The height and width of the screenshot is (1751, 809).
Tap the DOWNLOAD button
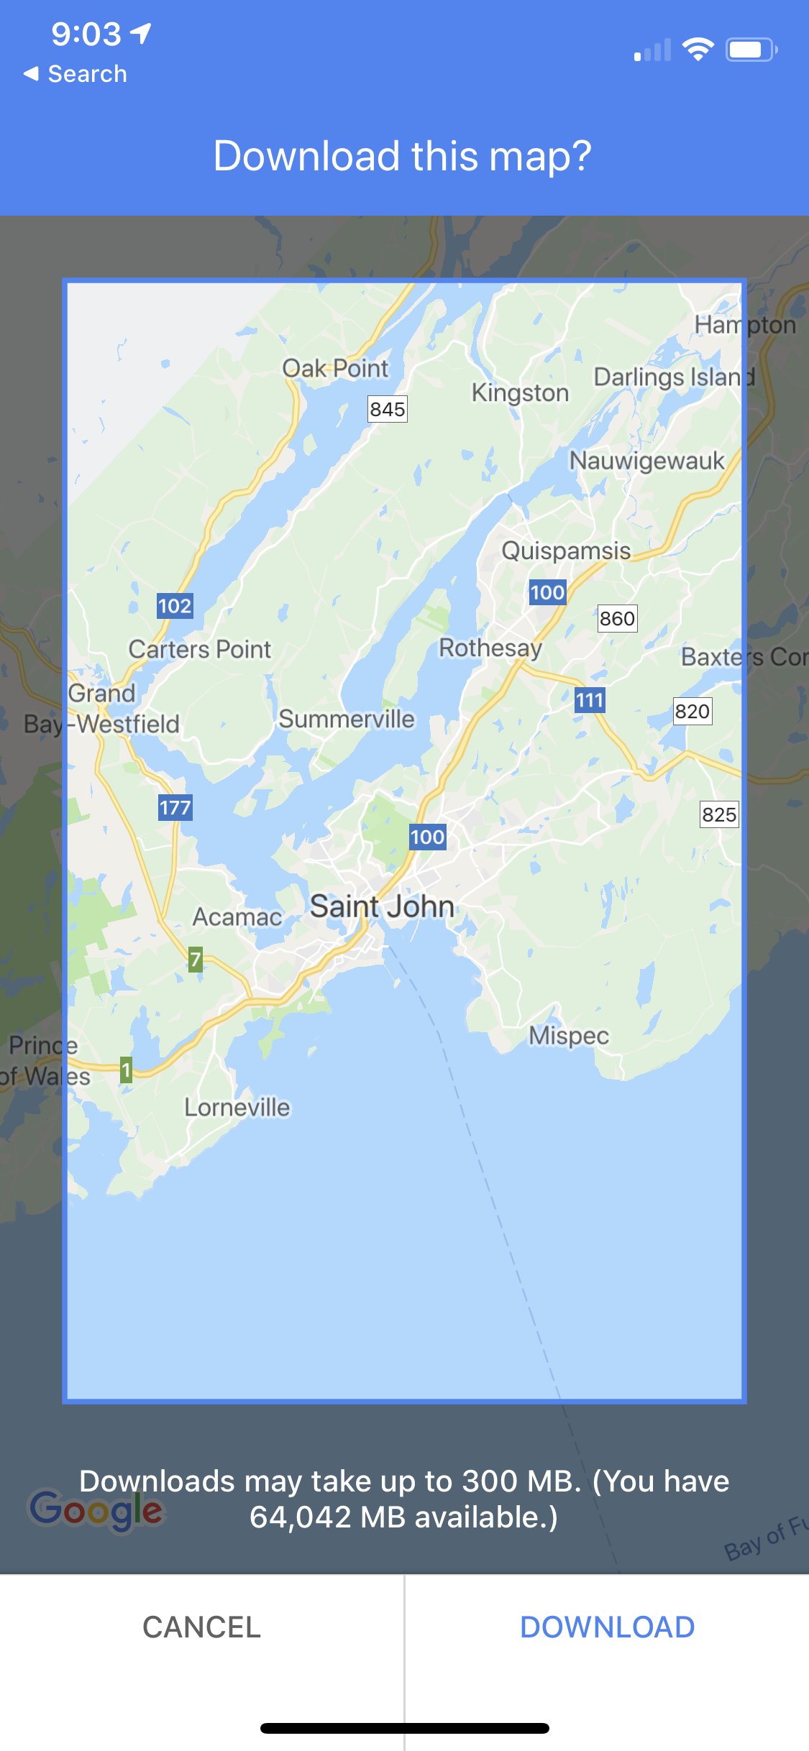[607, 1627]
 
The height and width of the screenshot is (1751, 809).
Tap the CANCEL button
[201, 1627]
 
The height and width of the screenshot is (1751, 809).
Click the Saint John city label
[382, 906]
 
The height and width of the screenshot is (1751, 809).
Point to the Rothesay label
[490, 648]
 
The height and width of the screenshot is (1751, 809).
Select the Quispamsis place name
[566, 551]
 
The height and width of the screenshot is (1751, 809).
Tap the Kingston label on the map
[520, 392]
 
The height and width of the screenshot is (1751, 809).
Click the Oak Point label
[335, 368]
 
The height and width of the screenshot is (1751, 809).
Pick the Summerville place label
[347, 719]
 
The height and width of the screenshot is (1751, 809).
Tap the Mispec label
[569, 1036]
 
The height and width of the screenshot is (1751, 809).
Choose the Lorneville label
[237, 1108]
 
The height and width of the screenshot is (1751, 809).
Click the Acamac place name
[237, 917]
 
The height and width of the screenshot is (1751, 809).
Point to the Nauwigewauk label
[647, 461]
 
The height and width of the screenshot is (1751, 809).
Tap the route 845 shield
[388, 409]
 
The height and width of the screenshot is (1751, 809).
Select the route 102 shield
[175, 606]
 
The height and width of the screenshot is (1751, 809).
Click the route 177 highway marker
[175, 807]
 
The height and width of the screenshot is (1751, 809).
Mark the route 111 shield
[590, 700]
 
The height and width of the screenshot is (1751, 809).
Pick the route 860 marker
[617, 618]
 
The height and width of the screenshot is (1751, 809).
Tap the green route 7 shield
[195, 959]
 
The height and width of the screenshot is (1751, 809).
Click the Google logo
[96, 1509]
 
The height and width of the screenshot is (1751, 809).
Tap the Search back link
[76, 74]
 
